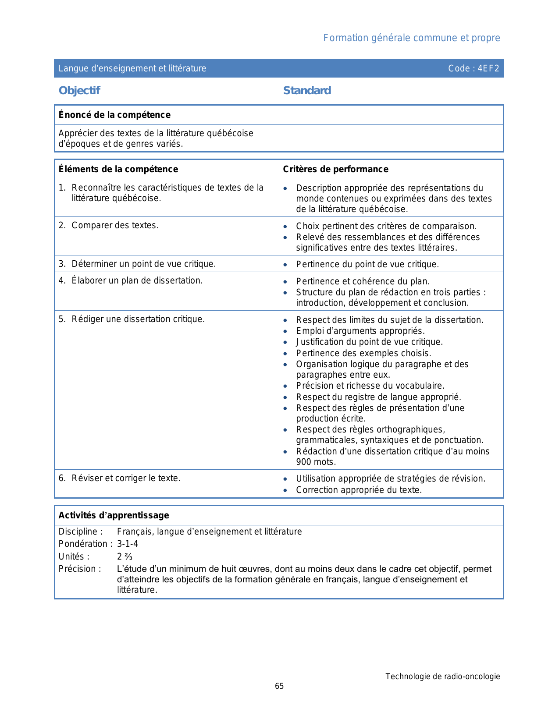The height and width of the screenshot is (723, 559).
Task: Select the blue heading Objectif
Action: (x=79, y=90)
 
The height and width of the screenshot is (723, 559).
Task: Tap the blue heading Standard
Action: (x=307, y=90)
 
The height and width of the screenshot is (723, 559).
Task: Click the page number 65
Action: (x=279, y=686)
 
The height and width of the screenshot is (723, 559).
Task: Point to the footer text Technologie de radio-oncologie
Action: (x=442, y=676)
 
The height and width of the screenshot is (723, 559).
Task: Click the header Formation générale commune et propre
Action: (x=411, y=38)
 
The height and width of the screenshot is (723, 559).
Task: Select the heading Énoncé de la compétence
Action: (x=114, y=115)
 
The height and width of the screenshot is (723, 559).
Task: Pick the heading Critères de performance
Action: (x=335, y=169)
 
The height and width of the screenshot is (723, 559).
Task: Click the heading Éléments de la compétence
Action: (x=118, y=169)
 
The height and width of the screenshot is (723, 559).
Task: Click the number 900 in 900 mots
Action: (x=304, y=462)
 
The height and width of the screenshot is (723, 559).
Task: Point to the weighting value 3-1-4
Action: (x=128, y=544)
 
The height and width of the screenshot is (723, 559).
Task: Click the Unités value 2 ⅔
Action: (x=125, y=556)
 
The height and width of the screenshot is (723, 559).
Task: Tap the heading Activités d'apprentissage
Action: (x=114, y=515)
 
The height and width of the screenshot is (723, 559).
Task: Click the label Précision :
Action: (x=80, y=569)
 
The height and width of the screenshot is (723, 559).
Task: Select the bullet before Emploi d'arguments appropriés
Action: (x=285, y=331)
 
